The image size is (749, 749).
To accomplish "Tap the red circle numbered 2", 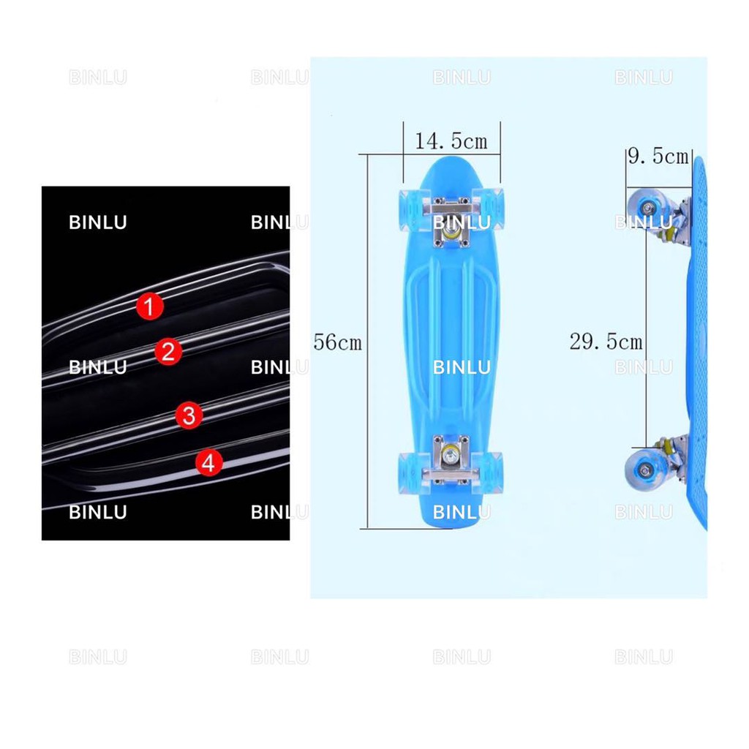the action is pyautogui.click(x=168, y=353).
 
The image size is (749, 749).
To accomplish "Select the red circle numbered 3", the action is pyautogui.click(x=189, y=416).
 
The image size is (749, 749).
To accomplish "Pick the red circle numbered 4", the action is pyautogui.click(x=209, y=462).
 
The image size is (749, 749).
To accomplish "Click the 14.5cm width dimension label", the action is pyautogui.click(x=451, y=141).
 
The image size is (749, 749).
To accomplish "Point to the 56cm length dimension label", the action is pyautogui.click(x=338, y=342).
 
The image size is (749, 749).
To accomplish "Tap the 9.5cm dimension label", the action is pyautogui.click(x=658, y=157).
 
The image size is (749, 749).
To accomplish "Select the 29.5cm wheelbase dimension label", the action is pyautogui.click(x=606, y=342).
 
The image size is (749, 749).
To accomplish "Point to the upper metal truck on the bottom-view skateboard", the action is pyautogui.click(x=451, y=214).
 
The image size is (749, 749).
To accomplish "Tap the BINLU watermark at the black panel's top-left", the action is pyautogui.click(x=97, y=222).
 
